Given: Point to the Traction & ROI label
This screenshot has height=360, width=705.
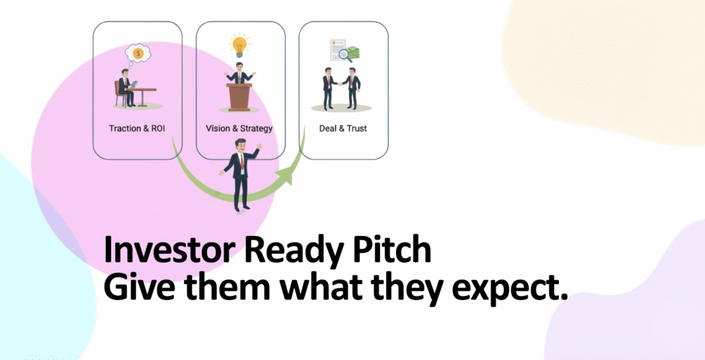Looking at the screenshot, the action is click(x=138, y=129).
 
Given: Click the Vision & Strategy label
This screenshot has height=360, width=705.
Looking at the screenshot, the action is click(x=239, y=129).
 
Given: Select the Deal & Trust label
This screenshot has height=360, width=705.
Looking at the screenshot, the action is click(x=343, y=129).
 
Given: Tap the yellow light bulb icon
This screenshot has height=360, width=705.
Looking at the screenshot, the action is click(x=239, y=45).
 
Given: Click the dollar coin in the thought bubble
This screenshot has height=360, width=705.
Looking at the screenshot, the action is click(x=138, y=53).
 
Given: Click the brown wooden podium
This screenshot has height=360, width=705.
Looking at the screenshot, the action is click(x=240, y=96).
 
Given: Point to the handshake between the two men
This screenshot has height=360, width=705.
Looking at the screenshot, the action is click(x=340, y=83).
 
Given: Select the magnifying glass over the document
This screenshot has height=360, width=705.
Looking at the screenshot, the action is click(x=346, y=56).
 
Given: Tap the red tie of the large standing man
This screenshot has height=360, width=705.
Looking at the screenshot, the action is click(x=242, y=162).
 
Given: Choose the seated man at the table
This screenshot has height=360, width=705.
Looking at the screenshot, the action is click(x=125, y=87).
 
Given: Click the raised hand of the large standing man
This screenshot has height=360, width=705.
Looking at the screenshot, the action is click(x=258, y=147).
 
